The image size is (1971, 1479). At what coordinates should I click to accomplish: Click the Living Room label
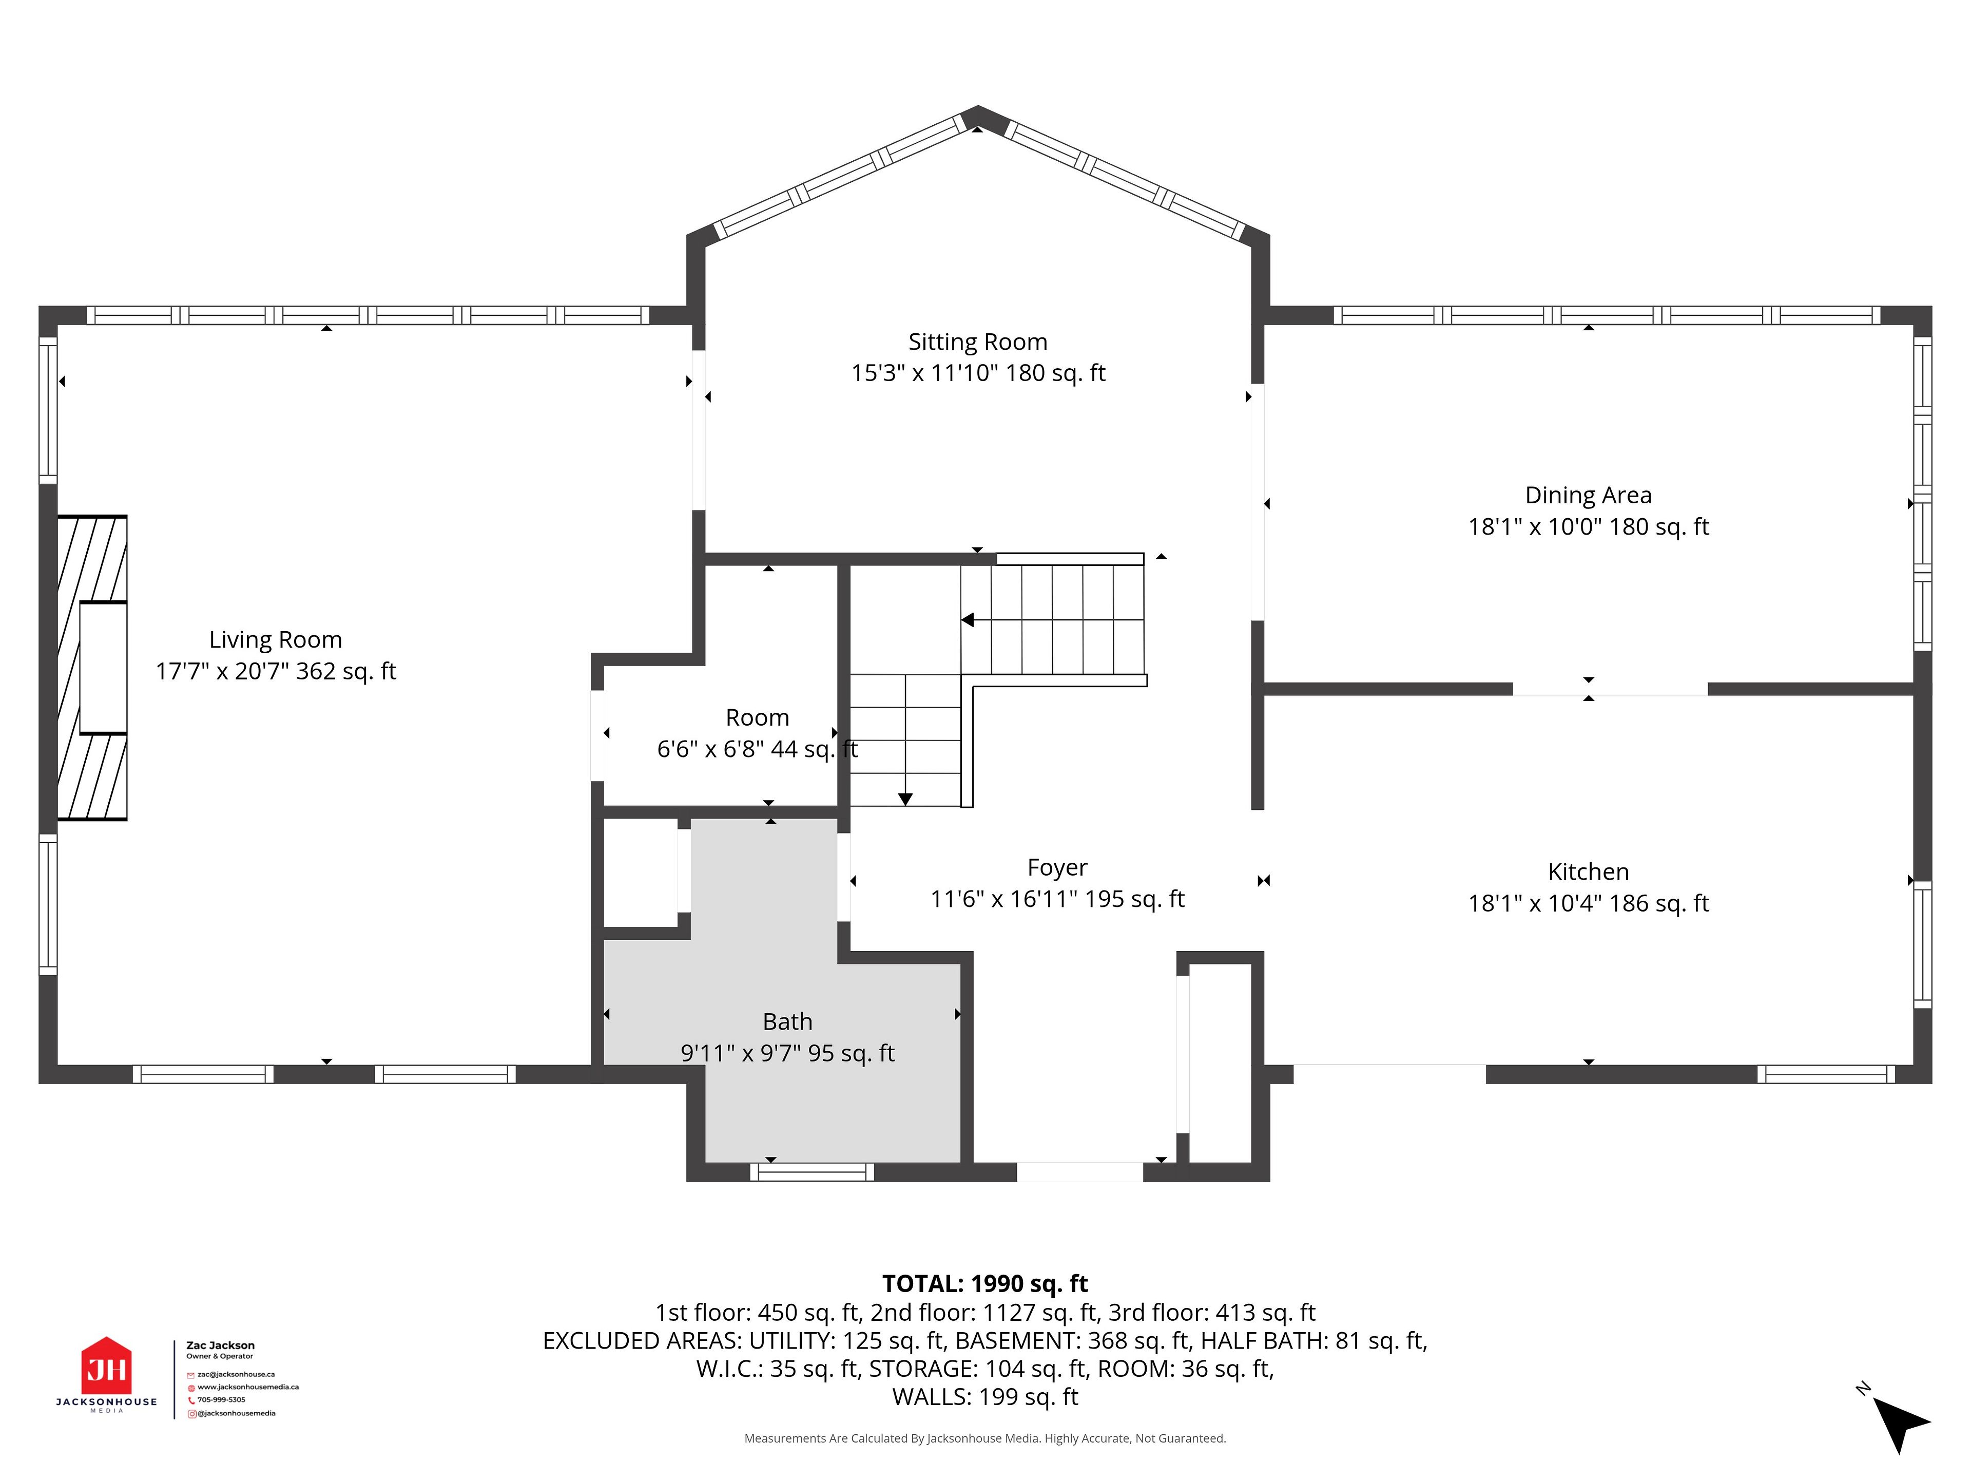coord(275,640)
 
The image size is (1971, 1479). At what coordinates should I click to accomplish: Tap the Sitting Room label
coord(977,343)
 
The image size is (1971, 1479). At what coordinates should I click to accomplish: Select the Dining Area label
coord(1588,496)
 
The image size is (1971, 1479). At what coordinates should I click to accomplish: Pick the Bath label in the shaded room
coord(788,1021)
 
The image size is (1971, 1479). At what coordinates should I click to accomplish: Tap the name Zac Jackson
coord(220,1345)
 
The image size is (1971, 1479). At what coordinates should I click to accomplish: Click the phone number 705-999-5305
coord(221,1399)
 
